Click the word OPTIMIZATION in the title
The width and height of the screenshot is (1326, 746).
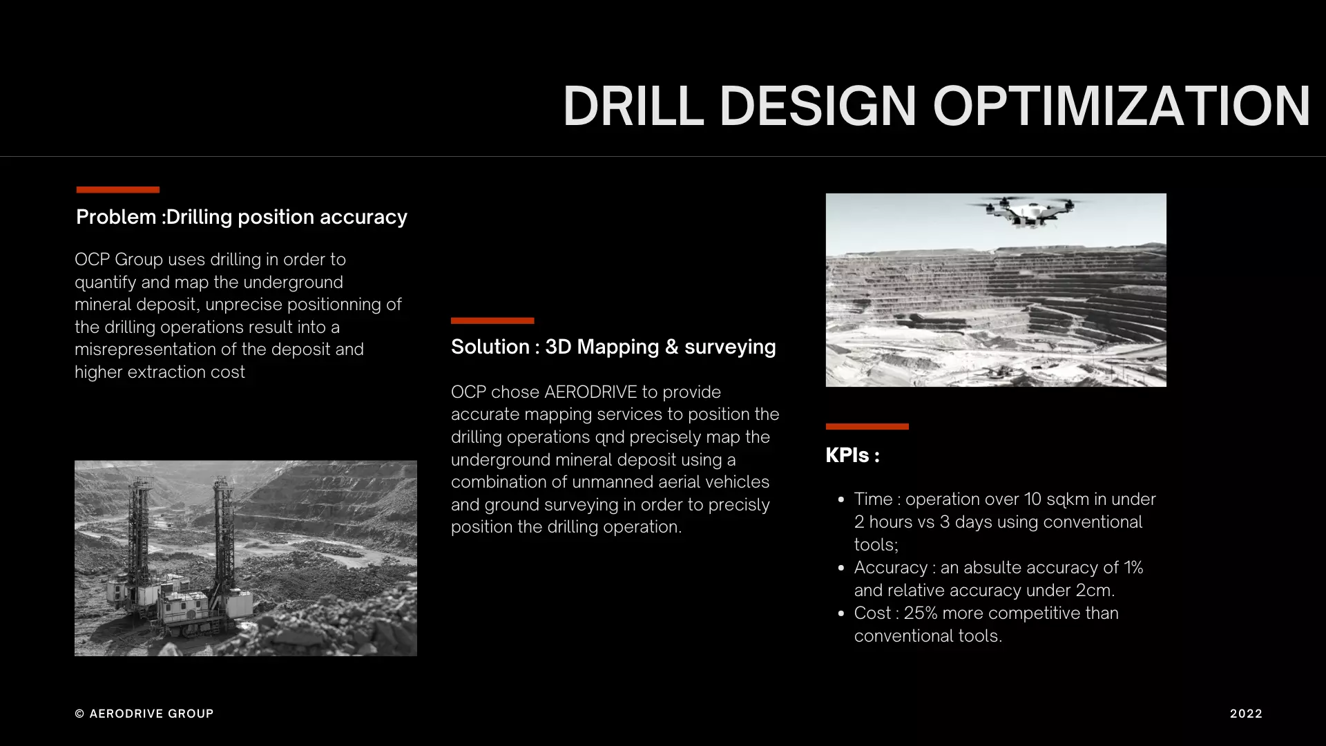point(1121,106)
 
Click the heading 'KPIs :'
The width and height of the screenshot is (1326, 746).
point(852,455)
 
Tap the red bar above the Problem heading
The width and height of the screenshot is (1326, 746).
point(117,189)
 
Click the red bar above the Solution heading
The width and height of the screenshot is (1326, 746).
point(492,321)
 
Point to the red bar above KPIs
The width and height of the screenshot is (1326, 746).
point(867,426)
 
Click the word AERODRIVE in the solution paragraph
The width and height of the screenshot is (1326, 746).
point(590,392)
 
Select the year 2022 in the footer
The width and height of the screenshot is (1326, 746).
point(1246,714)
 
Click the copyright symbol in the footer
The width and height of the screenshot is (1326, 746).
point(79,714)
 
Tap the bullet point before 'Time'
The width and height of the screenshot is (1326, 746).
point(840,499)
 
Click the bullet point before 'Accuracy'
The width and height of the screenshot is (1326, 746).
point(840,568)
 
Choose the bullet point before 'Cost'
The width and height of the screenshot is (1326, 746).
point(840,613)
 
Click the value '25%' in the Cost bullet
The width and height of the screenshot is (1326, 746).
point(920,613)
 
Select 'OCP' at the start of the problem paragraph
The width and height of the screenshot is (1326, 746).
point(92,260)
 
